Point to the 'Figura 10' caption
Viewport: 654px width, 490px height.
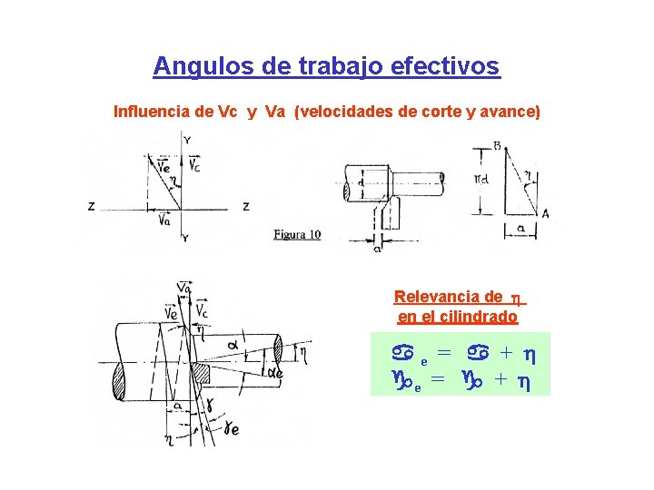click(x=297, y=235)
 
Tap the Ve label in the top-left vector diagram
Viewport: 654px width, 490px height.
click(x=163, y=165)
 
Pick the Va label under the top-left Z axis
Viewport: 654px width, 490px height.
click(x=164, y=219)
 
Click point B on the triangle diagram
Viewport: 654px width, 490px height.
click(x=498, y=145)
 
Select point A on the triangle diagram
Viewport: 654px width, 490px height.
click(x=545, y=213)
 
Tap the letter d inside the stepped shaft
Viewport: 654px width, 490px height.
click(x=361, y=182)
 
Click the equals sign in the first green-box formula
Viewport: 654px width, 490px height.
click(x=444, y=352)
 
